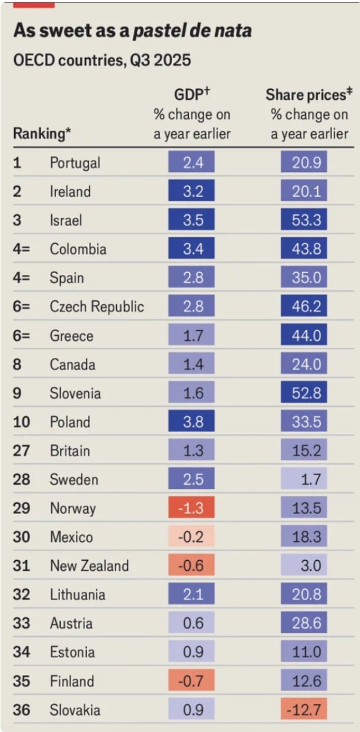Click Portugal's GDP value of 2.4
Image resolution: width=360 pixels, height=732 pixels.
[191, 162]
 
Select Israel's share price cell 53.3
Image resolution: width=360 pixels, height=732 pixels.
[304, 220]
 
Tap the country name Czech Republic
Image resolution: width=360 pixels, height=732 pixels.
[97, 307]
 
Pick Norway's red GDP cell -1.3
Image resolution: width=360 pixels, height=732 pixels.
[191, 508]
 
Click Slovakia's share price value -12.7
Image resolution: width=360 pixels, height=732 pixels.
[304, 710]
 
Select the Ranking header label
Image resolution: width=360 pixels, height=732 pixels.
[42, 134]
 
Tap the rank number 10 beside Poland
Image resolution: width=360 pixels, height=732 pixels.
[22, 422]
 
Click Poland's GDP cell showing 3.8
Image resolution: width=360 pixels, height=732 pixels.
[191, 422]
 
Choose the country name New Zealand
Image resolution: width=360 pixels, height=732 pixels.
[89, 566]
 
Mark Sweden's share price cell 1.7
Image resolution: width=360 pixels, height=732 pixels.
[304, 479]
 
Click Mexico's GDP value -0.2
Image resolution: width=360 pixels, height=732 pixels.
[191, 537]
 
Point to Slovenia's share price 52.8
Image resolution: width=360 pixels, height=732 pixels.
[304, 393]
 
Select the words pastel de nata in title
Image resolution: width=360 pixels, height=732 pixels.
[191, 31]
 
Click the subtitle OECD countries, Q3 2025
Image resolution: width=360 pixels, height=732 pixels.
[101, 61]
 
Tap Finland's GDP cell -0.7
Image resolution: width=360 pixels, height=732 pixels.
[191, 681]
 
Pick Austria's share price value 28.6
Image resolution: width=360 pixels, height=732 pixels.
[304, 623]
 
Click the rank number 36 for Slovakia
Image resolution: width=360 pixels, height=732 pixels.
[22, 710]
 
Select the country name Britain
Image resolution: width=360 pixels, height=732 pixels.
[70, 451]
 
